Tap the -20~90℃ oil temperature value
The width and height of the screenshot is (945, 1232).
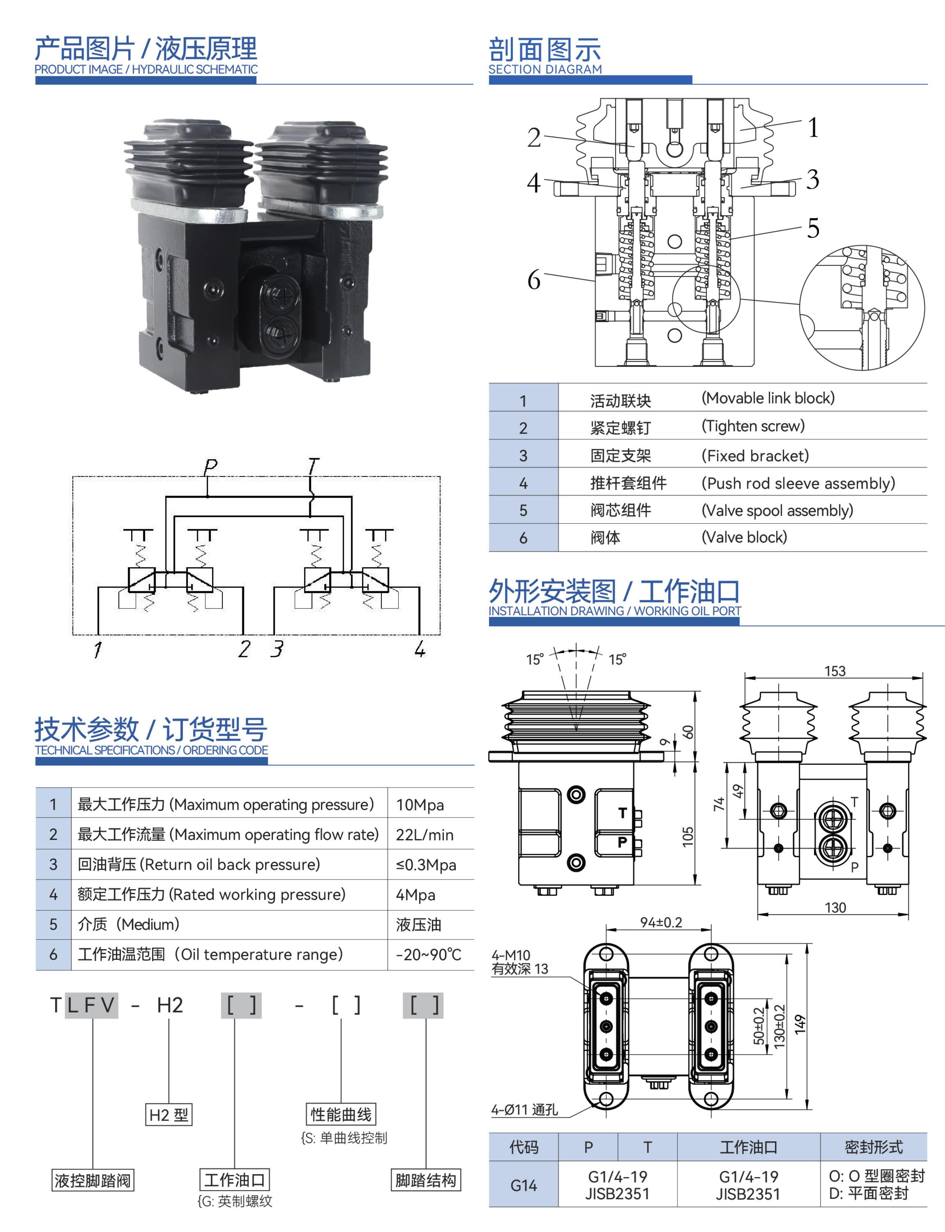click(x=428, y=954)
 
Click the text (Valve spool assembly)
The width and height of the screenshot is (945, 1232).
click(x=777, y=510)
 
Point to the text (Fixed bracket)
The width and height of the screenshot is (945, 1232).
click(x=755, y=455)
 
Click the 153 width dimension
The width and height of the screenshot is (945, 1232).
click(x=835, y=671)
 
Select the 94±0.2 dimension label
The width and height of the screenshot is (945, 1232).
click(x=661, y=922)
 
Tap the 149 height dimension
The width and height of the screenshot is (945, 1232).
click(x=800, y=1024)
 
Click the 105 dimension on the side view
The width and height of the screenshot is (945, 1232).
click(x=688, y=836)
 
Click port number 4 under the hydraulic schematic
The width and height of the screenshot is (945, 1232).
click(x=419, y=649)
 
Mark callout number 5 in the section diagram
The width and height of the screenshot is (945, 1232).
click(x=813, y=228)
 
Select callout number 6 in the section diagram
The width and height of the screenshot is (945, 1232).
click(x=533, y=280)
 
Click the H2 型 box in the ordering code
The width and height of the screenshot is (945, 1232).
click(x=169, y=1115)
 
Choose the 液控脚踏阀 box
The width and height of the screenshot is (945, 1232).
click(x=93, y=1180)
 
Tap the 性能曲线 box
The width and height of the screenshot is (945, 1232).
click(x=341, y=1115)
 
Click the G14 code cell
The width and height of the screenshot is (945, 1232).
click(x=524, y=1185)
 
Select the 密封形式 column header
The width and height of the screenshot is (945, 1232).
click(x=874, y=1147)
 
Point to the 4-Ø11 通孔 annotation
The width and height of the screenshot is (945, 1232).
click(x=525, y=1110)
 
